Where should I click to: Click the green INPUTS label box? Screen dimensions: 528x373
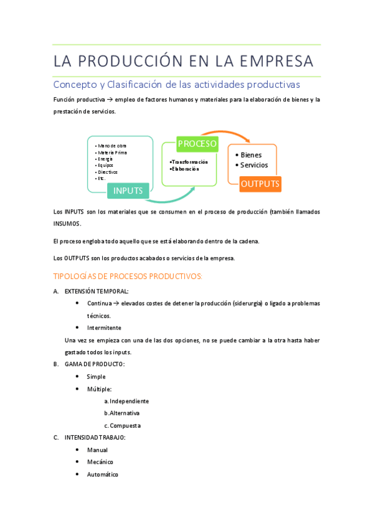click(x=128, y=191)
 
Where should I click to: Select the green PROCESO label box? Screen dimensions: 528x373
click(x=197, y=144)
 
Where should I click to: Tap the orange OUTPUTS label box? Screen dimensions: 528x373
click(x=260, y=184)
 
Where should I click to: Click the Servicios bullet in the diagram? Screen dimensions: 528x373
click(x=253, y=165)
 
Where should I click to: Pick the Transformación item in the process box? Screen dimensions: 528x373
click(x=189, y=162)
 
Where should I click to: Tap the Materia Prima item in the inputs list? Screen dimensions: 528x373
click(x=112, y=152)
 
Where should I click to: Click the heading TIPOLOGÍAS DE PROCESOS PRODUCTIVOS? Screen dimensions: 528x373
click(x=128, y=276)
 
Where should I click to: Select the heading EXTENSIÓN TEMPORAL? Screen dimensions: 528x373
click(x=97, y=291)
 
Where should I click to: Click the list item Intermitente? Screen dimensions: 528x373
click(x=104, y=328)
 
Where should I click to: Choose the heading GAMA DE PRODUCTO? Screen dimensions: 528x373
click(x=94, y=364)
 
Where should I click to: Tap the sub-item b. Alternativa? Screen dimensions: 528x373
click(x=122, y=413)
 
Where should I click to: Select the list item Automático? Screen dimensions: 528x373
click(x=102, y=474)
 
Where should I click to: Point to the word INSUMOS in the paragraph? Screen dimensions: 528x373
click(x=67, y=224)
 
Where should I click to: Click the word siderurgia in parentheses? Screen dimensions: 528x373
click(x=247, y=303)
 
